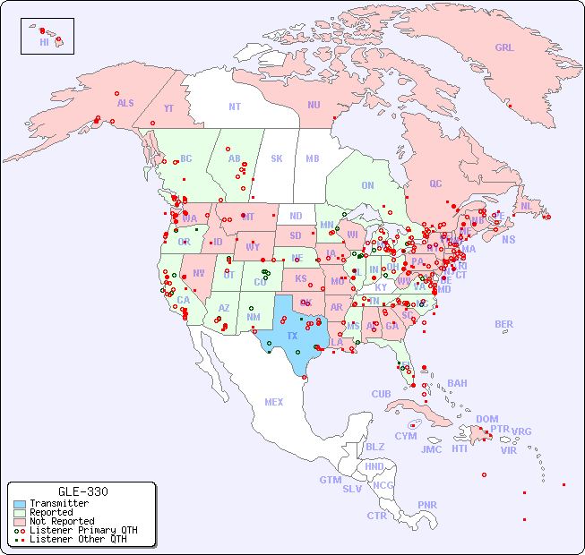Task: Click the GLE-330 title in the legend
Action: [83, 492]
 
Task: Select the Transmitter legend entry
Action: [58, 504]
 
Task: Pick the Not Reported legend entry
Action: [61, 521]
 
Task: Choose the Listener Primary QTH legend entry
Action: [82, 530]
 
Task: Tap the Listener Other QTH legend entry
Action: [77, 539]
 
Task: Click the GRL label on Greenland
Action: [504, 48]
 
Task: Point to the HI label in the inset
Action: [44, 42]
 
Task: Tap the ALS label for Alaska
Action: [125, 103]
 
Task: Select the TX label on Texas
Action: [292, 336]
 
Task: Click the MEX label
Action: [273, 402]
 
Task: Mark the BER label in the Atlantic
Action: [503, 324]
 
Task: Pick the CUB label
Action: [381, 394]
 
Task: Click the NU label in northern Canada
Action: [314, 105]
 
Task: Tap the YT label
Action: [168, 108]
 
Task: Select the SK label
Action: [277, 159]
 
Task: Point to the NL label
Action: [526, 206]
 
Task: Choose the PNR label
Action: [427, 505]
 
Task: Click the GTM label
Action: [330, 480]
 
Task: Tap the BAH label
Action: [457, 383]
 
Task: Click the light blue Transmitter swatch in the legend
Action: [20, 504]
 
